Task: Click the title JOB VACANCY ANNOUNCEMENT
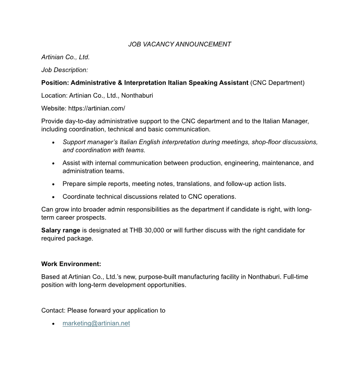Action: point(180,44)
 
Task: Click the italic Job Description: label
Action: point(64,70)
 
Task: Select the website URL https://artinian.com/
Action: point(96,109)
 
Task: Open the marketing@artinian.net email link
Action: point(96,324)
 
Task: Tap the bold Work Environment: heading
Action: point(71,264)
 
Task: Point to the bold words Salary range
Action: point(61,230)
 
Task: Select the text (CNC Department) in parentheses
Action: point(277,83)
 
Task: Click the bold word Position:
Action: point(55,83)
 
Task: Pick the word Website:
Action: point(53,109)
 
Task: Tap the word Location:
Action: point(54,95)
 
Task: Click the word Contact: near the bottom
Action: point(53,310)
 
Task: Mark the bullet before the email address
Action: point(53,324)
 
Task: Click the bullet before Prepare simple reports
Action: point(53,184)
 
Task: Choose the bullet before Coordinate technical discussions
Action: point(53,197)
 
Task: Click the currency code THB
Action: point(135,230)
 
